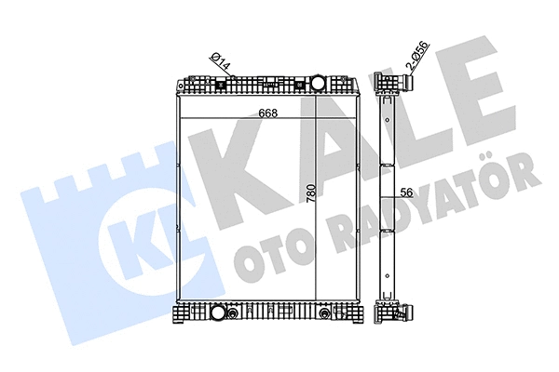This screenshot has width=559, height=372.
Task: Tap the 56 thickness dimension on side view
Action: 405,193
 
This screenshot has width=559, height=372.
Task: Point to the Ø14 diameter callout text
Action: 221,63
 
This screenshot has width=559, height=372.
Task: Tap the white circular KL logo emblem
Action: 140,232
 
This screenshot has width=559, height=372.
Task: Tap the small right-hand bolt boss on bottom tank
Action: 324,314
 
